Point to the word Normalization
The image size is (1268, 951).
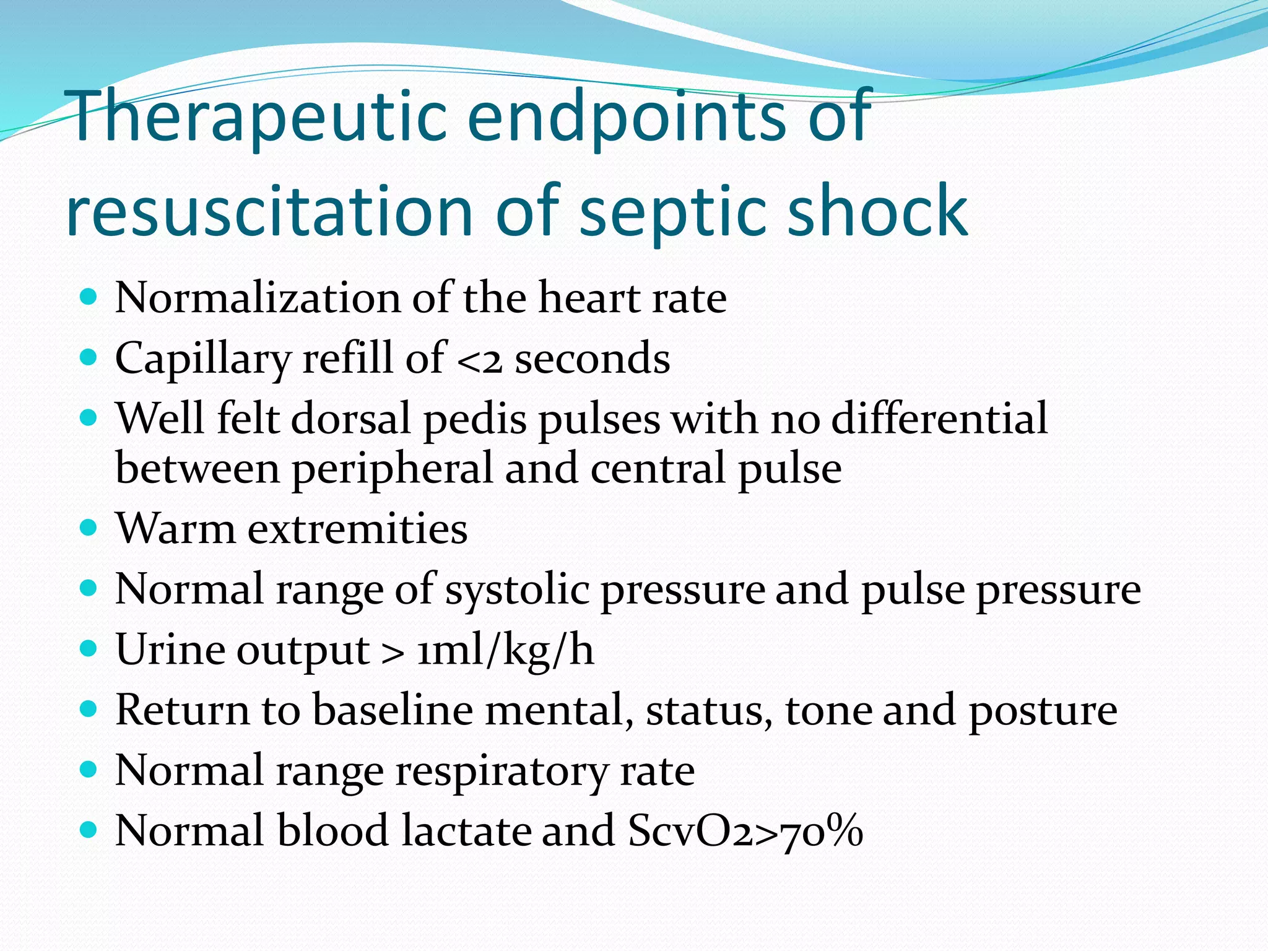coord(258,298)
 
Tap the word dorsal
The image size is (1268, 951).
coord(351,419)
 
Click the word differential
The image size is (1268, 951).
coord(939,419)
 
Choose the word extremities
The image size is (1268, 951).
coord(357,529)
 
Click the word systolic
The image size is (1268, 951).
coord(517,590)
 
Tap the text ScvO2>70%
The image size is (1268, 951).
coord(745,831)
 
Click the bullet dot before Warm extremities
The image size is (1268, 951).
coord(89,528)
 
